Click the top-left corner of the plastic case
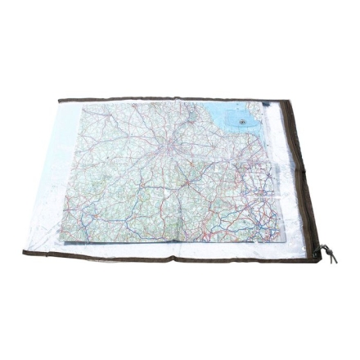[x=59, y=98]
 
